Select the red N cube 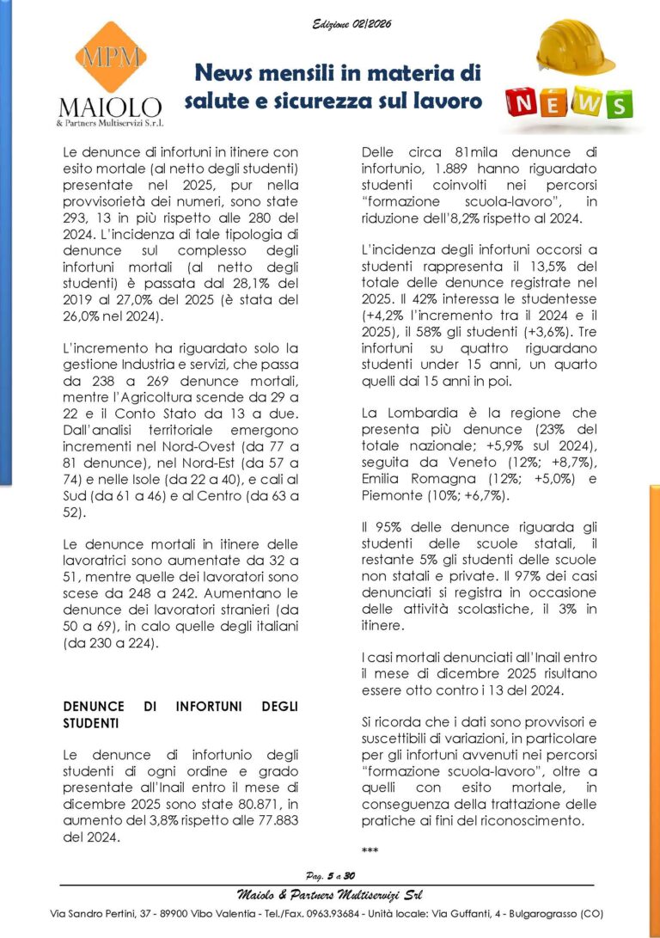[522, 103]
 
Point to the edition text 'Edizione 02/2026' [351, 24]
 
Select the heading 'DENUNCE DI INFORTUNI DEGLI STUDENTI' [180, 715]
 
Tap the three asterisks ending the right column [370, 851]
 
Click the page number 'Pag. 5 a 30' [330, 876]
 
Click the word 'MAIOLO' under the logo [109, 107]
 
